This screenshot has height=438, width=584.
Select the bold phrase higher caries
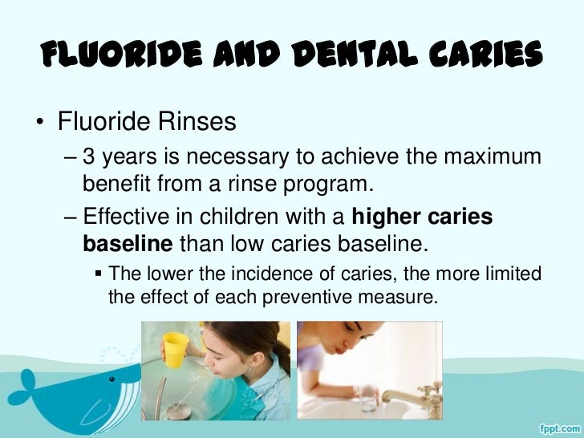[x=423, y=217]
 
